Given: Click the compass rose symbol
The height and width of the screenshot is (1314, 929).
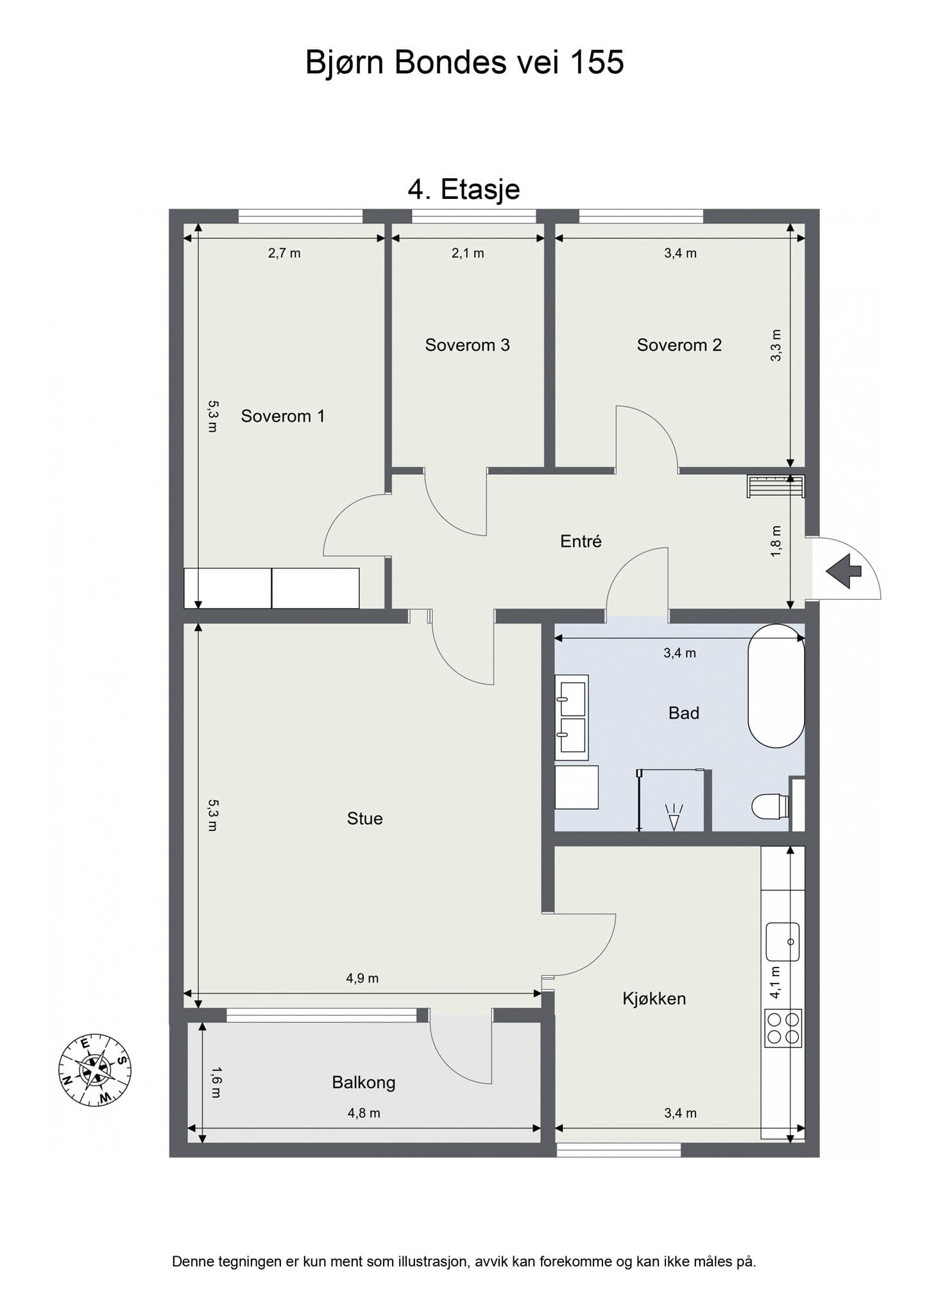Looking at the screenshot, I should (x=95, y=1070).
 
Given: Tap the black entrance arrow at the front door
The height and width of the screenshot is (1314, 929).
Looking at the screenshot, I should (x=843, y=570).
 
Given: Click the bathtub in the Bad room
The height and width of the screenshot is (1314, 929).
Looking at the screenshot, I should (x=776, y=686).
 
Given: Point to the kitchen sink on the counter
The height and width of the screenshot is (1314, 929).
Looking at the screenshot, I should (x=782, y=941).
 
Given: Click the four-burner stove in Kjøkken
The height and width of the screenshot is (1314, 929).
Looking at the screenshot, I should (x=783, y=1028).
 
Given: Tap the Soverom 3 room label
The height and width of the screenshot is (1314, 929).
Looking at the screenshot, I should (x=467, y=345).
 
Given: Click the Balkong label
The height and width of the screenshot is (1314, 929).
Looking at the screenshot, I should (x=363, y=1082).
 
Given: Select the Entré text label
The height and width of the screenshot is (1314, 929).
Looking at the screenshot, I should (x=581, y=542).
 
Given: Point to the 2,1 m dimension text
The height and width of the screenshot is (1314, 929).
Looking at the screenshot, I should (x=468, y=253).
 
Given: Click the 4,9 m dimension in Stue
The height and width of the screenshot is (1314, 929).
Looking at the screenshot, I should (x=362, y=978).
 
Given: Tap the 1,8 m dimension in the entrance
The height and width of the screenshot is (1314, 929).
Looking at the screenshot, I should (x=776, y=541).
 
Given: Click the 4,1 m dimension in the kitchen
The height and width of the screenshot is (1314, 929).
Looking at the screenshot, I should (x=775, y=982).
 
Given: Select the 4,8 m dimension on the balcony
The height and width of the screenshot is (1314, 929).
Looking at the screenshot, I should (x=364, y=1113).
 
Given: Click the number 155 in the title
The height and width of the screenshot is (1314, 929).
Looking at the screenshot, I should (x=597, y=63).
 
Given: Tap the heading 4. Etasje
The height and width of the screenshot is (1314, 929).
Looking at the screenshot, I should (x=464, y=189).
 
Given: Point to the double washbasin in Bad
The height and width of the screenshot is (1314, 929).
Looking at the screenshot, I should (x=572, y=717).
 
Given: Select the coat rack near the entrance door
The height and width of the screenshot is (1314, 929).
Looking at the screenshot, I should (x=775, y=486).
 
